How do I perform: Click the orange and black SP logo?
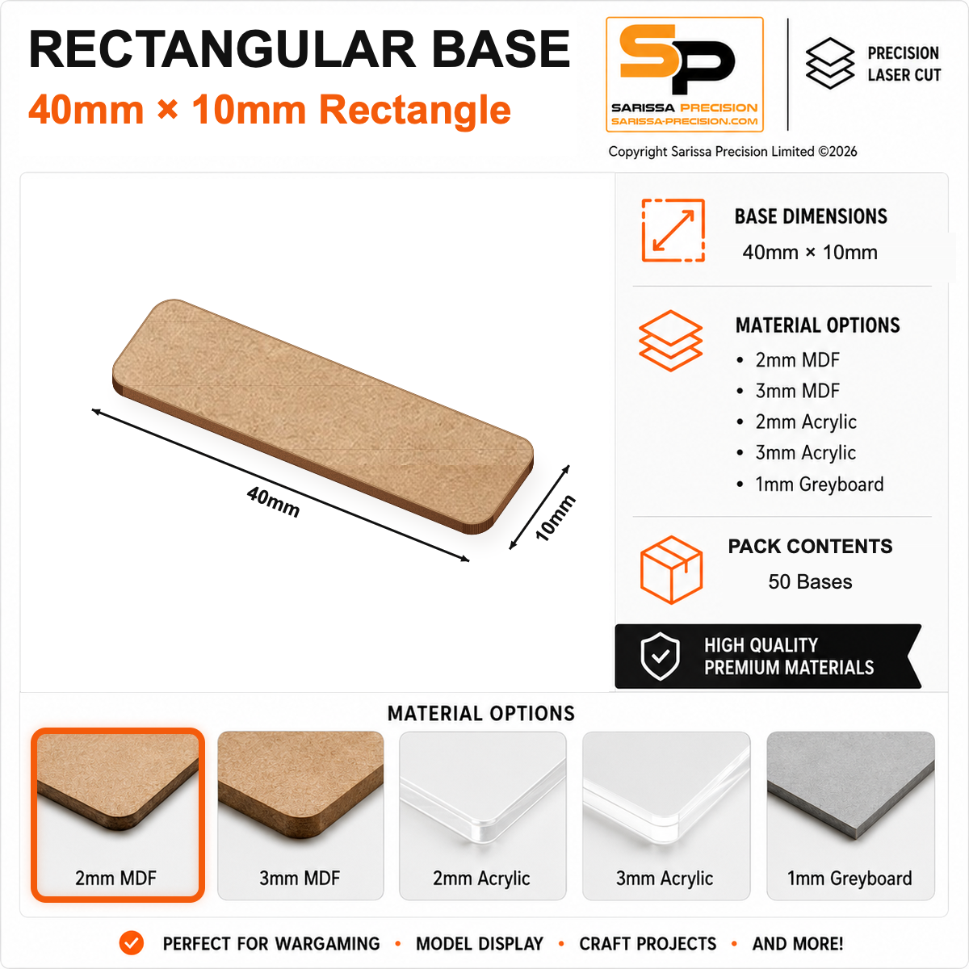685,74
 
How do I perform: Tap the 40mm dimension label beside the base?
274,501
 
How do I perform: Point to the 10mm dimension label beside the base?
555,518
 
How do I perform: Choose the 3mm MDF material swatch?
300,815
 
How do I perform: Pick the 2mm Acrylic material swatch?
483,815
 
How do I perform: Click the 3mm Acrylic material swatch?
665,815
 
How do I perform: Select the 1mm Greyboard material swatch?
850,815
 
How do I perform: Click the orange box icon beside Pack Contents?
671,569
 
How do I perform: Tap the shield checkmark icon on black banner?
661,656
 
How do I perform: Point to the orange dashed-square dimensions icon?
673,230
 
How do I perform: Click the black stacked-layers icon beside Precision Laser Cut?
830,63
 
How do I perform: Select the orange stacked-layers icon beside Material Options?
670,341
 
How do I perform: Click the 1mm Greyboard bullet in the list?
810,484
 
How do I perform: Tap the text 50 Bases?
810,581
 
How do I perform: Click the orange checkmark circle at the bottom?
132,943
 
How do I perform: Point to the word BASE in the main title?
501,49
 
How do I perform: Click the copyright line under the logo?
732,151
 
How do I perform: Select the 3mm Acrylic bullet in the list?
796,453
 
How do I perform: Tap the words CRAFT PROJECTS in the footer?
648,943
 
